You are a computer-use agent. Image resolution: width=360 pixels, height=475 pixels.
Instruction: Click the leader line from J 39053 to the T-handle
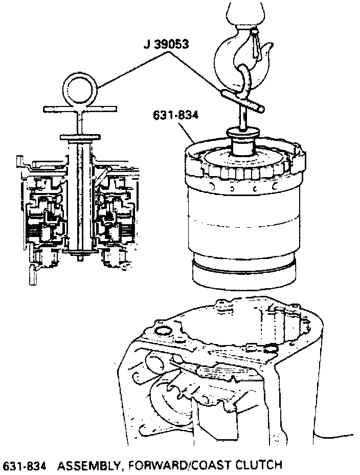tap(199, 72)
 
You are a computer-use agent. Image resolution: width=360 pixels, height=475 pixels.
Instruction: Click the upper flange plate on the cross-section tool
tap(79, 138)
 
